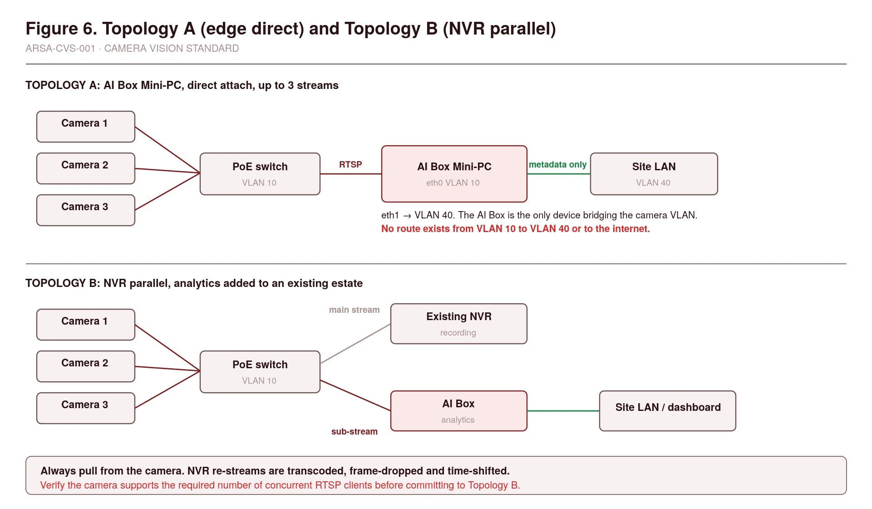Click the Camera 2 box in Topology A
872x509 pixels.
point(86,168)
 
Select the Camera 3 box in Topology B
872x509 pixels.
point(86,408)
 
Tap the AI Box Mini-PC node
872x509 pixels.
point(454,174)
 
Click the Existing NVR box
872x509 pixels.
point(459,324)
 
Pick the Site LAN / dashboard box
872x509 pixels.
point(668,411)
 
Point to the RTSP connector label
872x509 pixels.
point(350,164)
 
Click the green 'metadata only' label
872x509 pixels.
point(557,164)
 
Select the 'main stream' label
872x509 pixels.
point(354,310)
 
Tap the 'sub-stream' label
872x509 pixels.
point(354,431)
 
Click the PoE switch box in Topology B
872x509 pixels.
point(260,372)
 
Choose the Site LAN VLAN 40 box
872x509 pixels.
point(654,174)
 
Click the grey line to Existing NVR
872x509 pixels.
point(355,344)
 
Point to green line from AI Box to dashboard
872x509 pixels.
point(563,411)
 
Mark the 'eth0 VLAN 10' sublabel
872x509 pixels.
point(453,183)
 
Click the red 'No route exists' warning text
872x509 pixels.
point(516,229)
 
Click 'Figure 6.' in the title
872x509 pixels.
point(61,29)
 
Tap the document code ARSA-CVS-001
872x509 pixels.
point(60,49)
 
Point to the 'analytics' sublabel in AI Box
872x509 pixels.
point(458,420)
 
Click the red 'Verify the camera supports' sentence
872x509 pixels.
point(280,485)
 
